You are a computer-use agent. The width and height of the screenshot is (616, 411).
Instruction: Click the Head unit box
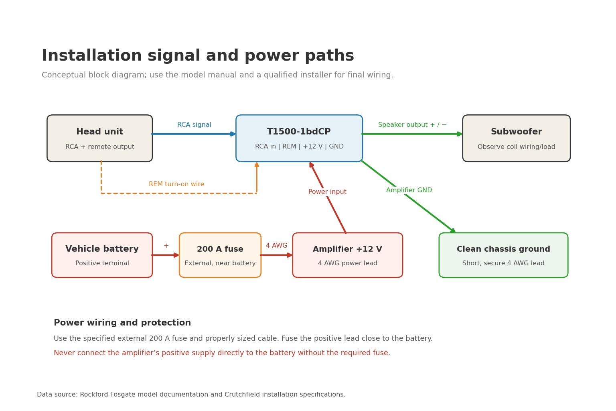[99, 138]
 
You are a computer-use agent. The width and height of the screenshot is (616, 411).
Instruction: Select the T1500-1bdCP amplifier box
[299, 138]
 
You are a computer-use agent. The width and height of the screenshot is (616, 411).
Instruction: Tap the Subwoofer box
[517, 138]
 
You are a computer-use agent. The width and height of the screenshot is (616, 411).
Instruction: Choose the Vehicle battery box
[102, 255]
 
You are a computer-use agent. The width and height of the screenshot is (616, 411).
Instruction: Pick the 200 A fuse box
[220, 255]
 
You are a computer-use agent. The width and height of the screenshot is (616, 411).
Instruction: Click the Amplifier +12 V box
[348, 255]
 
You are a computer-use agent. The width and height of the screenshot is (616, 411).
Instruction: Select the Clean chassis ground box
[504, 255]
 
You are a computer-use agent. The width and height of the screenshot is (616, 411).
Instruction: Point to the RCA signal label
[194, 125]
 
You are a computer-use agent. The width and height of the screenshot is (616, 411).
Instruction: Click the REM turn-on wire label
[176, 184]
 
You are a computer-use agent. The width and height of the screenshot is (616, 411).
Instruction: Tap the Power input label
[327, 191]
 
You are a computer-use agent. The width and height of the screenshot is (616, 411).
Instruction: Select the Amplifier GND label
[409, 190]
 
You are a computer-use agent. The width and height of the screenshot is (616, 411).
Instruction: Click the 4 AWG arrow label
[276, 245]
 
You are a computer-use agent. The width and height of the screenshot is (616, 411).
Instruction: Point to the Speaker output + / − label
[412, 125]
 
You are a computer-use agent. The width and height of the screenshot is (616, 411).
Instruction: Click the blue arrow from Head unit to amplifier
[194, 134]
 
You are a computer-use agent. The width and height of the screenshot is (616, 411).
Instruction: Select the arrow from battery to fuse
[165, 255]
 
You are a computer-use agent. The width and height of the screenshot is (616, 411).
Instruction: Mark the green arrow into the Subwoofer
[412, 134]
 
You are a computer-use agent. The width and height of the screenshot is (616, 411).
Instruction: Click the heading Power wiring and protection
[122, 323]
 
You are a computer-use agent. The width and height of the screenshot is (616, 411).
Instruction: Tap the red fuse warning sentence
[222, 353]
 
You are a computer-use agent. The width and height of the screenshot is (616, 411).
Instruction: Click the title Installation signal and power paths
[198, 56]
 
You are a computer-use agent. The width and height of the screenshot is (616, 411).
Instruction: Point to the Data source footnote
[191, 394]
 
